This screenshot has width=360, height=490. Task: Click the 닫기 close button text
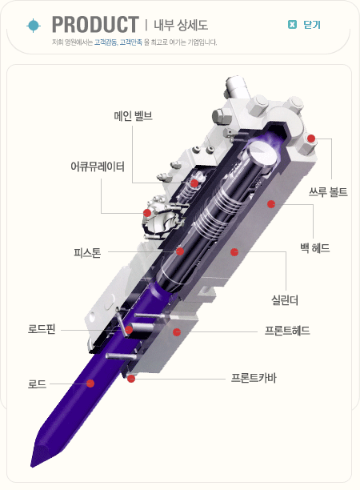(x=312, y=25)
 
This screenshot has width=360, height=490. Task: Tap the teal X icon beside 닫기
(x=292, y=24)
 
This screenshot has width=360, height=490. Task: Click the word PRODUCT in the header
(x=95, y=24)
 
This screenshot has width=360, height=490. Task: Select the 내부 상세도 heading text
(x=181, y=25)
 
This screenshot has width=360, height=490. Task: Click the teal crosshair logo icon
(x=34, y=26)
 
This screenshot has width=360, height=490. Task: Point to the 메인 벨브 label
(x=134, y=116)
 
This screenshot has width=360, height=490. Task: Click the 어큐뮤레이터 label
(x=98, y=167)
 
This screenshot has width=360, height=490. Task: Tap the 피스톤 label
(x=87, y=252)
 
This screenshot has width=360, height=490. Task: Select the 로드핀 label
(x=42, y=329)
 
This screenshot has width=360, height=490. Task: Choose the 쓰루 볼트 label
(x=328, y=191)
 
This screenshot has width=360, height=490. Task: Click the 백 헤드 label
(x=314, y=248)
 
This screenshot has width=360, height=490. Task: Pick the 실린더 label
(x=285, y=300)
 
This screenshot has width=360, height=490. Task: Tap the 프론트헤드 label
(x=287, y=331)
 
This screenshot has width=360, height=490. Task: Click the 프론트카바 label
(x=254, y=378)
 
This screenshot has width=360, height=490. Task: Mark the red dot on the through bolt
(x=311, y=139)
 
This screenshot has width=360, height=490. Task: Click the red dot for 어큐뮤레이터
(x=147, y=213)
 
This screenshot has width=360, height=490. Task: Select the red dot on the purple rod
(x=90, y=384)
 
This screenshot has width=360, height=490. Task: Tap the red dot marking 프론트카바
(x=131, y=379)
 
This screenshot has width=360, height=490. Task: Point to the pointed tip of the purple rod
(x=31, y=467)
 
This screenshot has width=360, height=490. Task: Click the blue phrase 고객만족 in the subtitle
(x=131, y=42)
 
